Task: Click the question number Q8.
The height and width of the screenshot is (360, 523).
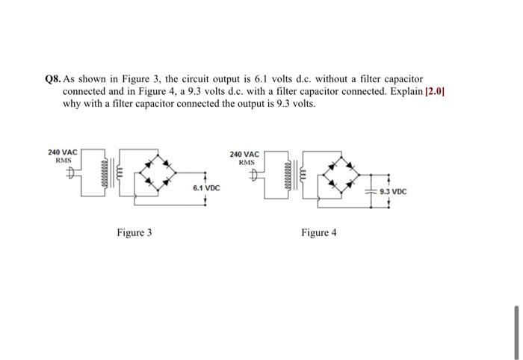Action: tap(52, 78)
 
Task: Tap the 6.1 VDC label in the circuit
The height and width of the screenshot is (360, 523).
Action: tap(205, 189)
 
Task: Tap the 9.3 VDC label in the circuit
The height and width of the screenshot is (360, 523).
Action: tap(393, 192)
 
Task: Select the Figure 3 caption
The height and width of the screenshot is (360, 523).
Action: tap(134, 233)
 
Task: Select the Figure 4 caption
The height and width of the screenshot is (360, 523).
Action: tap(319, 233)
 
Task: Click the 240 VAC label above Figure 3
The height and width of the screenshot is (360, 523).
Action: tap(63, 152)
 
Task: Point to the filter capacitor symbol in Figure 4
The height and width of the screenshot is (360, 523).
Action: tap(371, 192)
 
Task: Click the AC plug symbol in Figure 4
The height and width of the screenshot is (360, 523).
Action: tap(256, 177)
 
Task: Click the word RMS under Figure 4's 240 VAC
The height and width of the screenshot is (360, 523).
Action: tap(247, 162)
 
